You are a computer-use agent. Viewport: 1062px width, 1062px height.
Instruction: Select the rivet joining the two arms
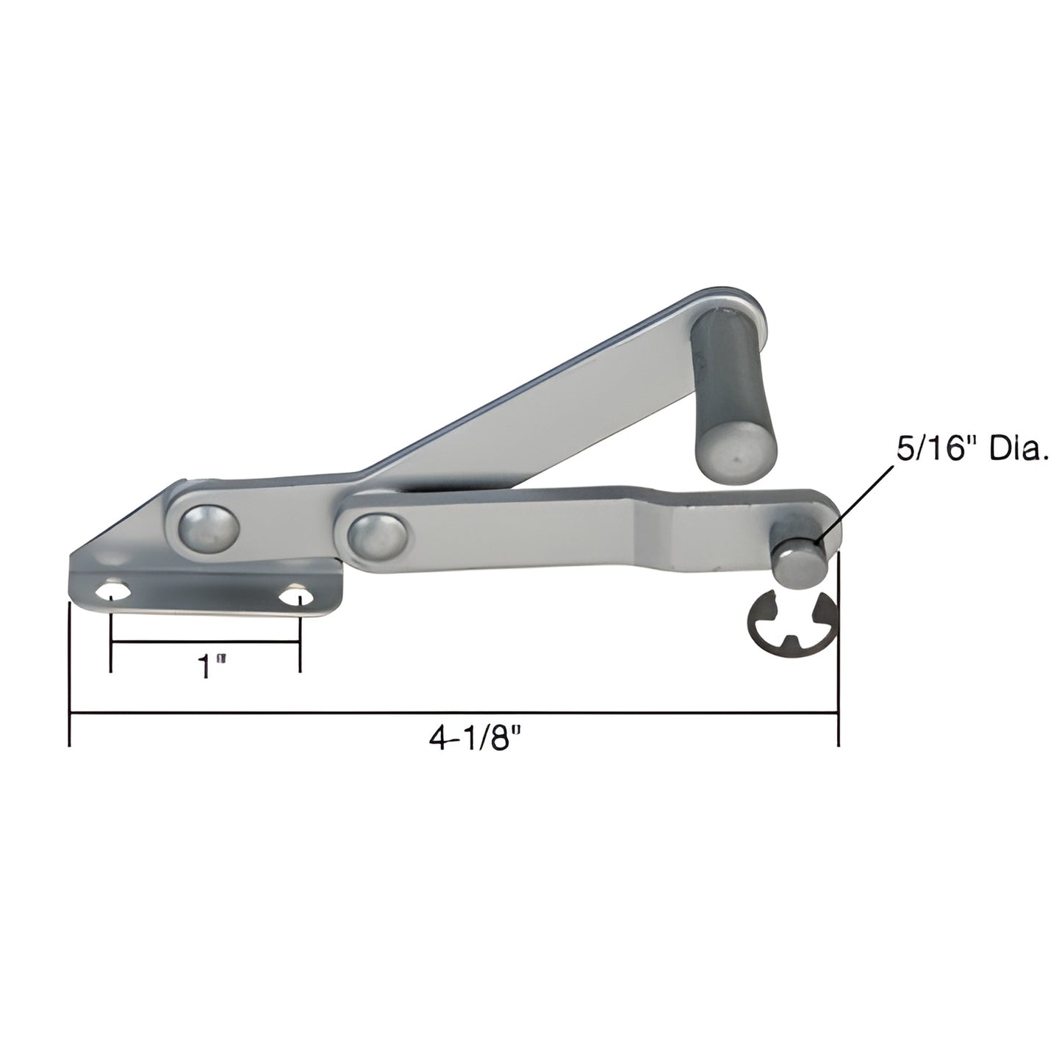pos(376,535)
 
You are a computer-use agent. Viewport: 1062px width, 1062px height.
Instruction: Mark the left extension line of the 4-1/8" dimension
pos(69,676)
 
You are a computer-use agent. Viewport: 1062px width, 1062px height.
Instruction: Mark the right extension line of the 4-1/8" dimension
pos(839,661)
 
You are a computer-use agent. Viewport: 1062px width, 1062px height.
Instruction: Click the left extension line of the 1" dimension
pos(111,639)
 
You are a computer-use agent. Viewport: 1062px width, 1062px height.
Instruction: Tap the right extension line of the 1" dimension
pos(299,639)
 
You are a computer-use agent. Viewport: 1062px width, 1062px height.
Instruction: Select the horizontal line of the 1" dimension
pos(205,643)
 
